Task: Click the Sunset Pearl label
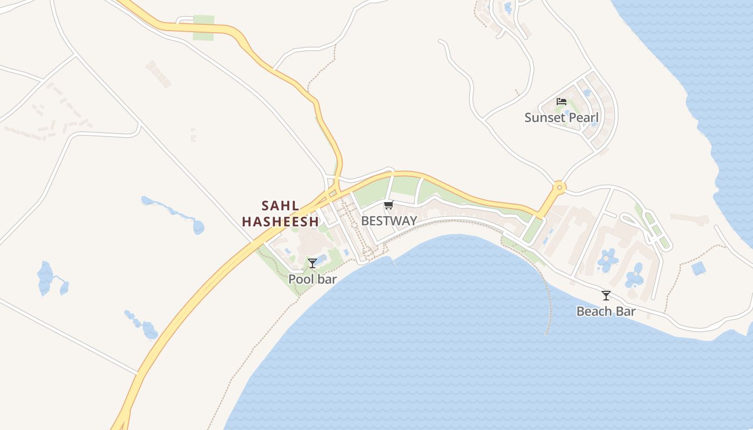[x=561, y=118]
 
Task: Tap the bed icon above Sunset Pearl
[x=562, y=101]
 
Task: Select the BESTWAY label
[x=389, y=220]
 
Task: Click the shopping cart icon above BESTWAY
[x=389, y=204]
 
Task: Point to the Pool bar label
[x=312, y=279]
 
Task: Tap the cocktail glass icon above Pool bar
[x=312, y=263]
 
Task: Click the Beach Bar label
[x=606, y=311]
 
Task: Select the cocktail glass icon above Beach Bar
[x=606, y=295]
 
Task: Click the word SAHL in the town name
[x=280, y=206]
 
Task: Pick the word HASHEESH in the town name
[x=280, y=221]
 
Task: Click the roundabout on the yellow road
[x=559, y=188]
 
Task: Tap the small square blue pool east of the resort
[x=699, y=268]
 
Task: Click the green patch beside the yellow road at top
[x=203, y=28]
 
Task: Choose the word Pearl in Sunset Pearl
[x=583, y=118]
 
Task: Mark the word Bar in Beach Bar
[x=626, y=311]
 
